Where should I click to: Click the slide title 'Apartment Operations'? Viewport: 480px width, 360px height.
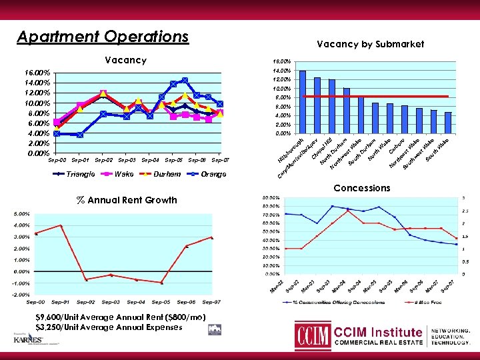tap(103, 36)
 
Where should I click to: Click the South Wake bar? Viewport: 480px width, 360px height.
tap(448, 123)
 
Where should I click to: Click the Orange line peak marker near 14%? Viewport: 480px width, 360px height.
tap(185, 81)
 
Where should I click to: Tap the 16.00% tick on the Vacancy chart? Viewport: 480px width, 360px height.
tap(33, 72)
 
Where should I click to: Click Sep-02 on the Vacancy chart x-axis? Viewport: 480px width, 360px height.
tap(103, 161)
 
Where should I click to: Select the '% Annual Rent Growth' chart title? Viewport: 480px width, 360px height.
tap(127, 200)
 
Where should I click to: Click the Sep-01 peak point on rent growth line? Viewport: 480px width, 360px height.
tap(61, 225)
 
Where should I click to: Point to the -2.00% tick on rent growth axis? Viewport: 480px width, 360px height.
tap(20, 294)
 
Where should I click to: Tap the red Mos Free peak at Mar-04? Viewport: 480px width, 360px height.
tap(348, 211)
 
